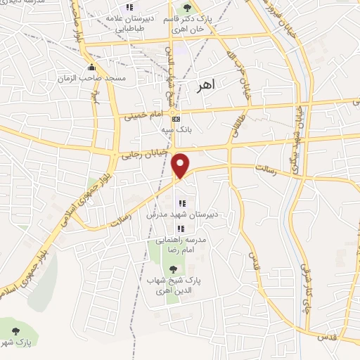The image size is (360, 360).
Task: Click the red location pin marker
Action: pos(181,165)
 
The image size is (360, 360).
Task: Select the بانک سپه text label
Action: pos(175,130)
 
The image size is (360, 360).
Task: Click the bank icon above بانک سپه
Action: pos(175,119)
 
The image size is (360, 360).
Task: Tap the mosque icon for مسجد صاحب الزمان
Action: pos(91,68)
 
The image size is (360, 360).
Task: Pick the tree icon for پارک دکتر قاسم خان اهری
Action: pos(186,8)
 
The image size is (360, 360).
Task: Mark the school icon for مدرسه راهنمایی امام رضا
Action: pos(181,229)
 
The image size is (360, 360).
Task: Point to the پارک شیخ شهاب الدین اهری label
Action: pos(173,285)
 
